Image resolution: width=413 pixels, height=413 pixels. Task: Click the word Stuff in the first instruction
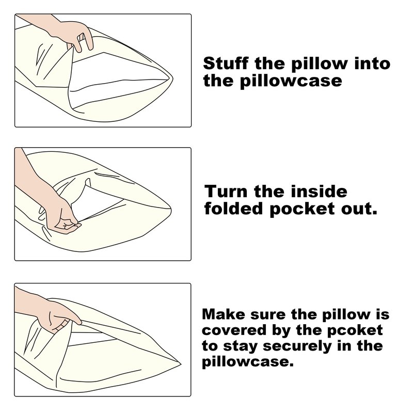click(226, 63)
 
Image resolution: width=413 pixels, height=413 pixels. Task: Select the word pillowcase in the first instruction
click(291, 81)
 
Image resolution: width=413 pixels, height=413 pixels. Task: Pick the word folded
click(234, 209)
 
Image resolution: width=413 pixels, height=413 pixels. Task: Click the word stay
click(240, 346)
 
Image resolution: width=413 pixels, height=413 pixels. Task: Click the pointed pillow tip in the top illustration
click(172, 78)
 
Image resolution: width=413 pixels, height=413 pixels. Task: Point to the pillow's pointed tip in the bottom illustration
click(180, 364)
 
